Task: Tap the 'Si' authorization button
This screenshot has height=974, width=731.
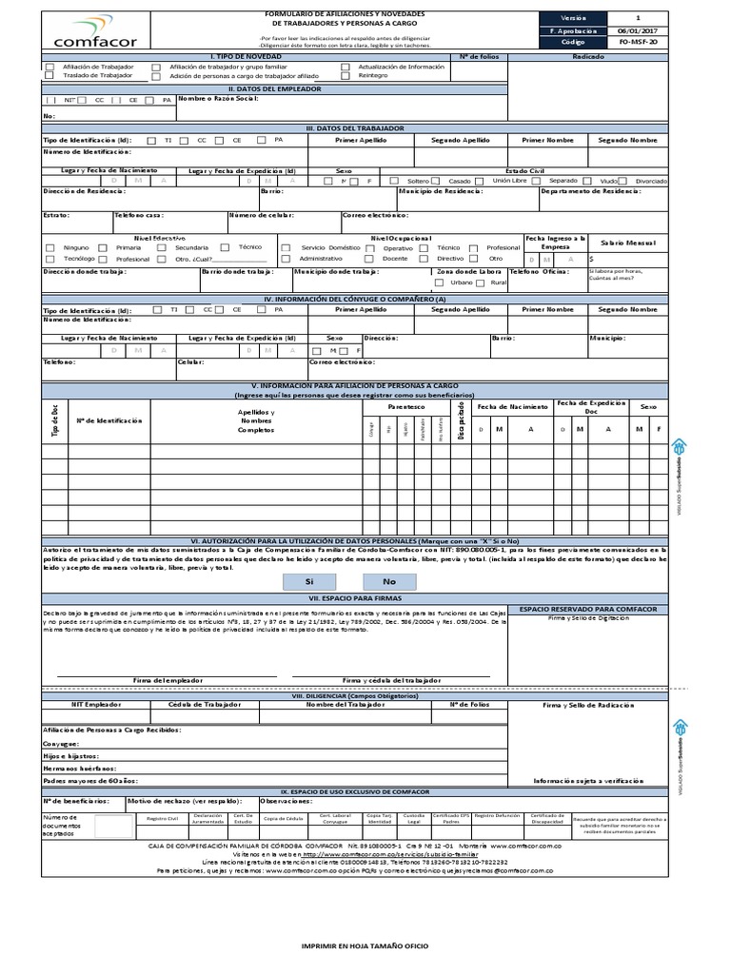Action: point(308,580)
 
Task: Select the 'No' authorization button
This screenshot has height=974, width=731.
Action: point(388,580)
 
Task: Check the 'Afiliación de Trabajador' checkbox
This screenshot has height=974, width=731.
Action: point(49,67)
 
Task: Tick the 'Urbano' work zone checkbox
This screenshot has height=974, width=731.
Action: point(439,282)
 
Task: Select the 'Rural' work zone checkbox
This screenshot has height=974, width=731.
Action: point(483,282)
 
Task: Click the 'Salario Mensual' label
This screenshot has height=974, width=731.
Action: point(628,243)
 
